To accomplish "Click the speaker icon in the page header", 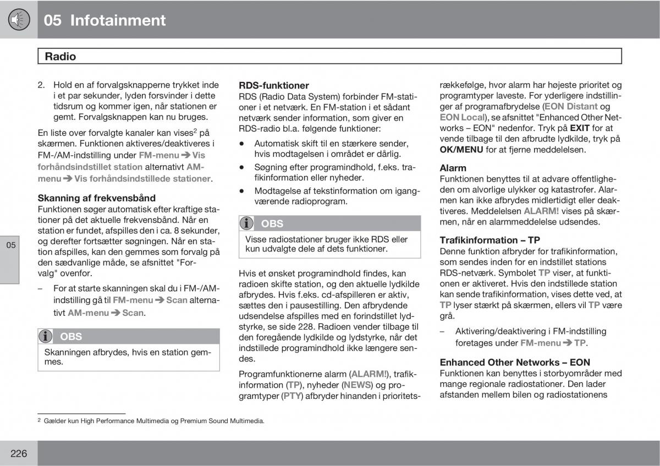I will tap(19, 20).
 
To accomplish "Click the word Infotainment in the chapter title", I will tap(116, 20).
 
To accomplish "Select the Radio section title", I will tap(61, 56).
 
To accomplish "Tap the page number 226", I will tap(19, 453).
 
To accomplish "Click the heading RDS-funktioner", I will tap(274, 85).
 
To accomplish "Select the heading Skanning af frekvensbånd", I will tap(96, 198).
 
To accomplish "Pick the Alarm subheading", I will tap(453, 168).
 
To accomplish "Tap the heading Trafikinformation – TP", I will tap(490, 240).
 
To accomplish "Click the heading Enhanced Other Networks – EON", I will tap(515, 362).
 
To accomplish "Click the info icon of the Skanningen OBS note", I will tap(47, 336).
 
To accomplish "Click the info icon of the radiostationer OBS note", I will tap(248, 223).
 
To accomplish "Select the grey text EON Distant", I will tap(570, 106).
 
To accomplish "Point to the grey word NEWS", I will tap(357, 385).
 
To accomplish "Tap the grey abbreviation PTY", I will tap(292, 396).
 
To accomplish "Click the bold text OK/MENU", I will tap(461, 150).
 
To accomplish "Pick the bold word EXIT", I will tap(580, 128).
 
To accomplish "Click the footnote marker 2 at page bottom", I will tap(40, 420).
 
